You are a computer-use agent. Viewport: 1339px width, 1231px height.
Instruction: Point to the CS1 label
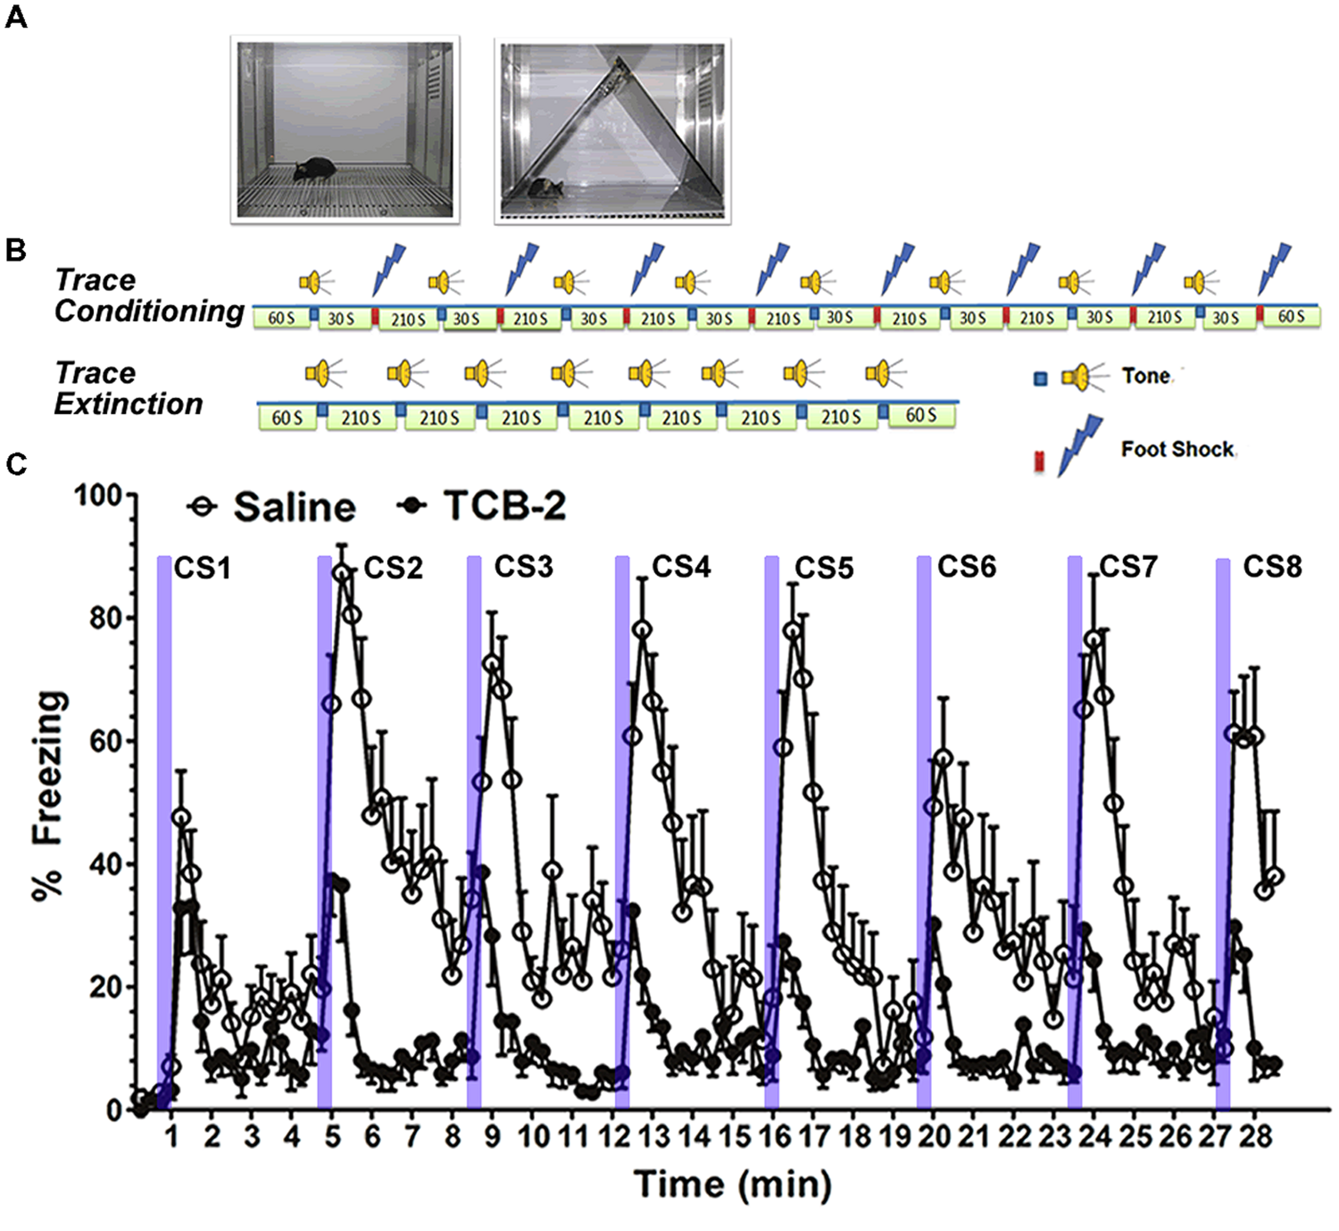pyautogui.click(x=203, y=568)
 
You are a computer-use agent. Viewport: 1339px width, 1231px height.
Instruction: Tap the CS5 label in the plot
pyautogui.click(x=824, y=568)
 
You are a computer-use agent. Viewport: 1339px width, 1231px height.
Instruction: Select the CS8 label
pyautogui.click(x=1272, y=566)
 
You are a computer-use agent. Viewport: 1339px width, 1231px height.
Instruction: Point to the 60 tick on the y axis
pyautogui.click(x=105, y=741)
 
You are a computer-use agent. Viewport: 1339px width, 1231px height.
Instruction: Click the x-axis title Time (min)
pyautogui.click(x=732, y=1185)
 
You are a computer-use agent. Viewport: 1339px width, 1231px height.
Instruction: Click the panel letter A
pyautogui.click(x=15, y=17)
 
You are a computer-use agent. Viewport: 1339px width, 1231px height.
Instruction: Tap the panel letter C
pyautogui.click(x=15, y=464)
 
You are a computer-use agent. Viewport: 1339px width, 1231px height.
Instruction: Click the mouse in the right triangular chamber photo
pyautogui.click(x=545, y=188)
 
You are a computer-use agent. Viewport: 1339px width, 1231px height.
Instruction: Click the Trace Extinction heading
pyautogui.click(x=129, y=388)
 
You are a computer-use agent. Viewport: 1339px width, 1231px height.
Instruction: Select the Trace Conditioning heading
pyautogui.click(x=148, y=295)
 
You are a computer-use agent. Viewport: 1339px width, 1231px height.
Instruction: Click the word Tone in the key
pyautogui.click(x=1146, y=376)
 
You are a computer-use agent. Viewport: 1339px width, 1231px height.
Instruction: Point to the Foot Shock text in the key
pyautogui.click(x=1177, y=449)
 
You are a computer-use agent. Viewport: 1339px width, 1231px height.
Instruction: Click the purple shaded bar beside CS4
pyautogui.click(x=622, y=830)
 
